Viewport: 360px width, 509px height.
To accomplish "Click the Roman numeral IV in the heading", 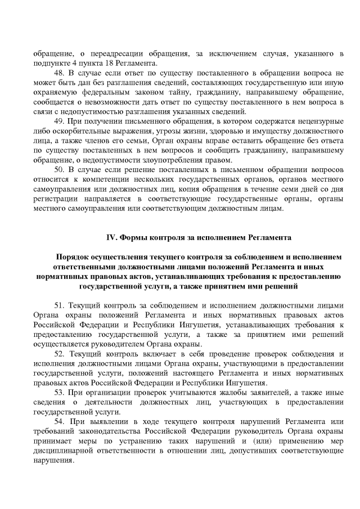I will point(111,238).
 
